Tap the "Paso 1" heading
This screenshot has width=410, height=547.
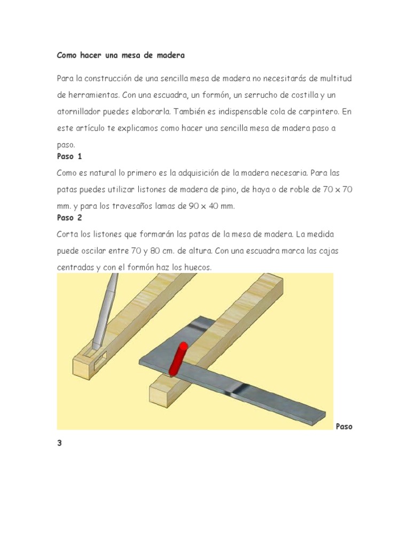pos(69,157)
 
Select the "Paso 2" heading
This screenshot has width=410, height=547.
pos(70,217)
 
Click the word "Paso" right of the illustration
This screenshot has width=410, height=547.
pos(344,427)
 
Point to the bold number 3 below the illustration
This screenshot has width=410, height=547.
pos(60,444)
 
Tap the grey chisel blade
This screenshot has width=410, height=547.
pos(105,315)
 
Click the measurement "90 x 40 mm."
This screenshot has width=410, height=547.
pos(212,206)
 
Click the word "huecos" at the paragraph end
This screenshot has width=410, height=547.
pos(198,267)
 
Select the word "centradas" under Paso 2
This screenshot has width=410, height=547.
pos(74,267)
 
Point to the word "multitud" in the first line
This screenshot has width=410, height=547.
pos(336,79)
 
